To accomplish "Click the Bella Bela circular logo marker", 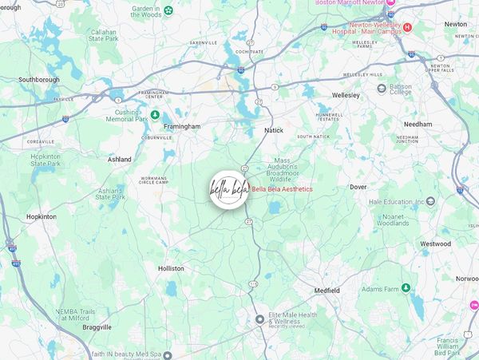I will coord(229,190).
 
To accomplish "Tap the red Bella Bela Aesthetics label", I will coord(282,189).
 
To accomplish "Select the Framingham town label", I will coord(182,126).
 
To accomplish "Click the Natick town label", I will coord(274,129).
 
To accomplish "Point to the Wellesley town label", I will coord(346,95).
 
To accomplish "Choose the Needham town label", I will coord(418,125).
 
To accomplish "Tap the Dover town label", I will coord(358,187).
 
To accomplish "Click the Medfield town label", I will coord(327,290).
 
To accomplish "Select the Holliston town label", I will coord(171,269).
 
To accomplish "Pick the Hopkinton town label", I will coord(42,216).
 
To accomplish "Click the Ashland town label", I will coord(120,160).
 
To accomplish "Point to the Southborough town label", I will coord(40,80).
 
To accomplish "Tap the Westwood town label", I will coord(436,243).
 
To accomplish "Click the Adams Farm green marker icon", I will coord(406,287).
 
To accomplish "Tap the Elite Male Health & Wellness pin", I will coord(259,319).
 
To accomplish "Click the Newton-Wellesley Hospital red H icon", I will coord(407,27).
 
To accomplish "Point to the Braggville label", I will coord(96,326).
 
